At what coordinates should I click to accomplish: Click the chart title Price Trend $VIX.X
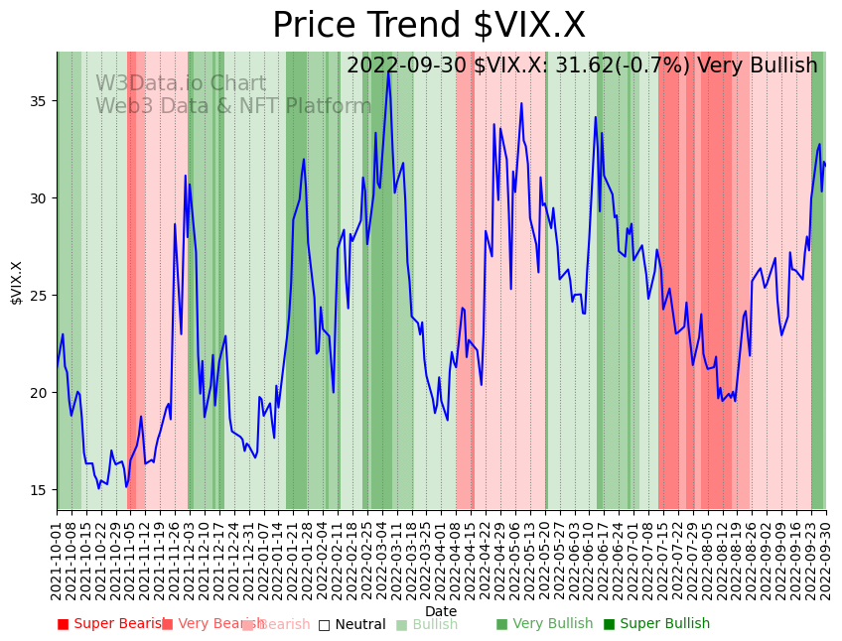[x=429, y=26]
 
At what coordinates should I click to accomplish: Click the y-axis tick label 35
[x=41, y=101]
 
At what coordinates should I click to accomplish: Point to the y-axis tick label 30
[x=41, y=198]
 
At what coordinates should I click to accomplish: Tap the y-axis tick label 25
[x=41, y=296]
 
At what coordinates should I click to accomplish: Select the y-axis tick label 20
[x=41, y=393]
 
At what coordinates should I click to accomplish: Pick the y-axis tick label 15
[x=41, y=490]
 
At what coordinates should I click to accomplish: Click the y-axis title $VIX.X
[x=17, y=283]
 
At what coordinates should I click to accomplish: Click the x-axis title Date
[x=441, y=612]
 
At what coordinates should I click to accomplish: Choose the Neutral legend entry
[x=351, y=624]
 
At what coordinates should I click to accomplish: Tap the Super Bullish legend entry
[x=656, y=624]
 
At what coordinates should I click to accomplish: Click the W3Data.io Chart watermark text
[x=181, y=84]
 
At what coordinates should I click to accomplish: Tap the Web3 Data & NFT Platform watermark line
[x=233, y=107]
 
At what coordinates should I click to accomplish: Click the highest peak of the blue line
[x=389, y=71]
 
